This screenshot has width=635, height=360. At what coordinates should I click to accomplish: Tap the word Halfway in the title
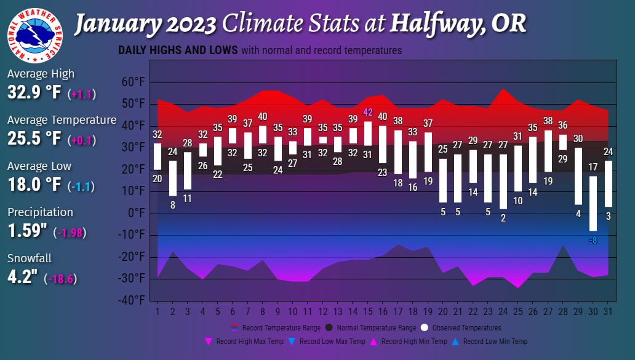coord(431,25)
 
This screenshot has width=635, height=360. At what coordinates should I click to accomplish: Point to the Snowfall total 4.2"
coord(23,278)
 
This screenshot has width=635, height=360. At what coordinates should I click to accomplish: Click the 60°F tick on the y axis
coord(132,82)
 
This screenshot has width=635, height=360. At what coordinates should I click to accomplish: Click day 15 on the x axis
coord(367,312)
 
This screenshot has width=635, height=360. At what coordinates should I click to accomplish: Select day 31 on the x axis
coord(607,312)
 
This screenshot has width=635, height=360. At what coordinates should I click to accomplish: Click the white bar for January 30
coord(593,203)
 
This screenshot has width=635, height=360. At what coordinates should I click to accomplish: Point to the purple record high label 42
coord(368,112)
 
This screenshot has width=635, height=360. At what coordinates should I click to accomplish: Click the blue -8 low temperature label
coord(593,240)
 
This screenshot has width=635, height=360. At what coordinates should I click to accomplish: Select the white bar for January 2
coord(173,178)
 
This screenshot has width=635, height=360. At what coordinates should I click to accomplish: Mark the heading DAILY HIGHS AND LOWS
coord(177,50)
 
